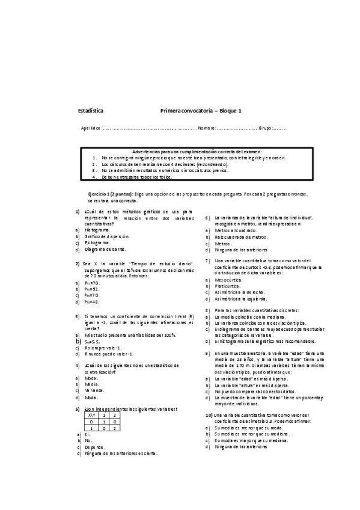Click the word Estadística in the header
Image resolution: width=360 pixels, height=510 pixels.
91,111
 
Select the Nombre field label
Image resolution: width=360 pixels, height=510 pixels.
207,128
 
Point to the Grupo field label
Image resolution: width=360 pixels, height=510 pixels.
266,128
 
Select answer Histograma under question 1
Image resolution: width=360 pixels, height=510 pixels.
97,230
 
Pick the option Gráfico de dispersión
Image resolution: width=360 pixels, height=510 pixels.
108,236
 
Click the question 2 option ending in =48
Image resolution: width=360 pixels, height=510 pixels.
92,302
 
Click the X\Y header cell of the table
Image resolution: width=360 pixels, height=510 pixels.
91,415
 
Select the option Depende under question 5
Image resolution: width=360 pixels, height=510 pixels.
95,447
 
